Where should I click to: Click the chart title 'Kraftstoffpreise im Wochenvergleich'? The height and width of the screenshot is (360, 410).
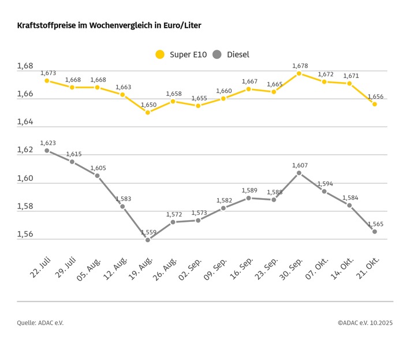tap(109, 26)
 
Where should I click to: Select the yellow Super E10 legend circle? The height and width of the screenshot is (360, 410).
tap(160, 54)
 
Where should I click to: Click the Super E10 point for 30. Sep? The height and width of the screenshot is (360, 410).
tap(299, 73)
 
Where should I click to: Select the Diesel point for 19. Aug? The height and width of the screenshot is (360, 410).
tap(148, 240)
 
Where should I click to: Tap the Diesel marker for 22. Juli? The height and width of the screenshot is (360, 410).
tap(47, 150)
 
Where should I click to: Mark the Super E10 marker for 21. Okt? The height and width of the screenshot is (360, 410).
tap(375, 104)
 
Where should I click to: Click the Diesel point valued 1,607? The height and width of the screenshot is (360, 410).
tap(299, 173)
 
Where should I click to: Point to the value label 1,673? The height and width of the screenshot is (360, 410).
tap(48, 73)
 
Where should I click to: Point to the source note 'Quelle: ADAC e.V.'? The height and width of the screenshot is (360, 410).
tap(40, 323)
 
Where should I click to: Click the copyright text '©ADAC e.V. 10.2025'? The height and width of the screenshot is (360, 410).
tap(365, 323)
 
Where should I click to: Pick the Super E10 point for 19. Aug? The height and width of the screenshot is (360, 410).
tap(148, 112)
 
